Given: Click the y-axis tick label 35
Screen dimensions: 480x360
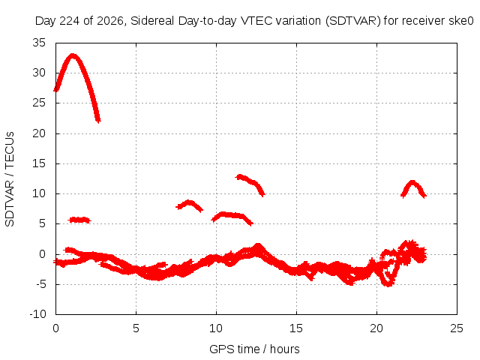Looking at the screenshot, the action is (39, 43).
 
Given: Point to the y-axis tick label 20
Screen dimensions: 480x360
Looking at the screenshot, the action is (39, 133).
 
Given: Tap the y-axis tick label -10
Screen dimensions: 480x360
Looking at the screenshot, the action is (37, 314).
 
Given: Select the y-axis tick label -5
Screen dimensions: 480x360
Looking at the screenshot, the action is (40, 284).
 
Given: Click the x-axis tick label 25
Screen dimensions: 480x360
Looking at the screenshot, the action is (457, 328).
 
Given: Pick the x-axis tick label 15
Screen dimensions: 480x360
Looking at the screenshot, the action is (296, 328).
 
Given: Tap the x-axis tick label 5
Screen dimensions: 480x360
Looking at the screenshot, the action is (136, 328).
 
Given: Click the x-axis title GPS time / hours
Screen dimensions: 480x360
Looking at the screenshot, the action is (254, 349).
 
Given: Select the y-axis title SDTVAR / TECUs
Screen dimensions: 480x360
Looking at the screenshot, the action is (10, 179).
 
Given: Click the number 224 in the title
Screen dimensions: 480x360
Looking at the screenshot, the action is (69, 21).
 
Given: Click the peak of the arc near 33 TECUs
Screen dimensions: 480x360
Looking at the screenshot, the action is (73, 55).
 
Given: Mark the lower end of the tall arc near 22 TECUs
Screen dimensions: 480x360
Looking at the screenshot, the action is (98, 121).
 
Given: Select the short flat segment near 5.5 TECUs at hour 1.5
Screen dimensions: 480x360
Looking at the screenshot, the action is (79, 220).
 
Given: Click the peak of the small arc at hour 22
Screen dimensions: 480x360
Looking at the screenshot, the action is (412, 182).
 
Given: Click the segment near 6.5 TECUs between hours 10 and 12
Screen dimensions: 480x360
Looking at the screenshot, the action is (232, 215).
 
